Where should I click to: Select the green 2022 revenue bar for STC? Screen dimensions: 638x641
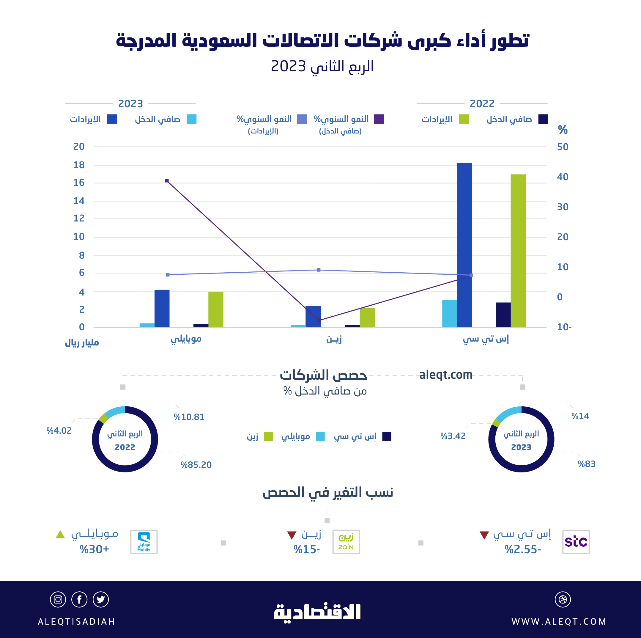pos(518,251)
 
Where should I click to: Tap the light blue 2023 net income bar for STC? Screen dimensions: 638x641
pos(450,314)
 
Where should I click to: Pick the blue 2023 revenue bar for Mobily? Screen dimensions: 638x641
pos(162,308)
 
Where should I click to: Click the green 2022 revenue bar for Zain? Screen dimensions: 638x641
pos(367,318)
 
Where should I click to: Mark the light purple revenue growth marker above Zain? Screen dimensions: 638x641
pos(319,270)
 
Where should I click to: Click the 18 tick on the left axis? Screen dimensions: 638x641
pos(79,165)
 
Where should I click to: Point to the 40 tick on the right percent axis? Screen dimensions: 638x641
pos(563,177)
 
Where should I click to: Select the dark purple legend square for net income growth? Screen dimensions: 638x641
pos(379,119)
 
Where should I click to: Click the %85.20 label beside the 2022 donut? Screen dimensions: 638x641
pos(196,465)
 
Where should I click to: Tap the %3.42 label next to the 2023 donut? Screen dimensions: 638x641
pos(453,436)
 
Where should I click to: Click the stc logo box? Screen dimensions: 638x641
pos(576,542)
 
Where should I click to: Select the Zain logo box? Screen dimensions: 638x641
pos(346,542)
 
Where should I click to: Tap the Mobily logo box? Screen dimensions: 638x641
pos(144,542)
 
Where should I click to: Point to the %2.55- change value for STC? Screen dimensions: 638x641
pos(523,550)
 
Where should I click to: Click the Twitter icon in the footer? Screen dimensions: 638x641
pos(101,599)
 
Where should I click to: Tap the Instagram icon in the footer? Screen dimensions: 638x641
pos(58,599)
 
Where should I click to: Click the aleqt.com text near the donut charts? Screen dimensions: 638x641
pos(445,375)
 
